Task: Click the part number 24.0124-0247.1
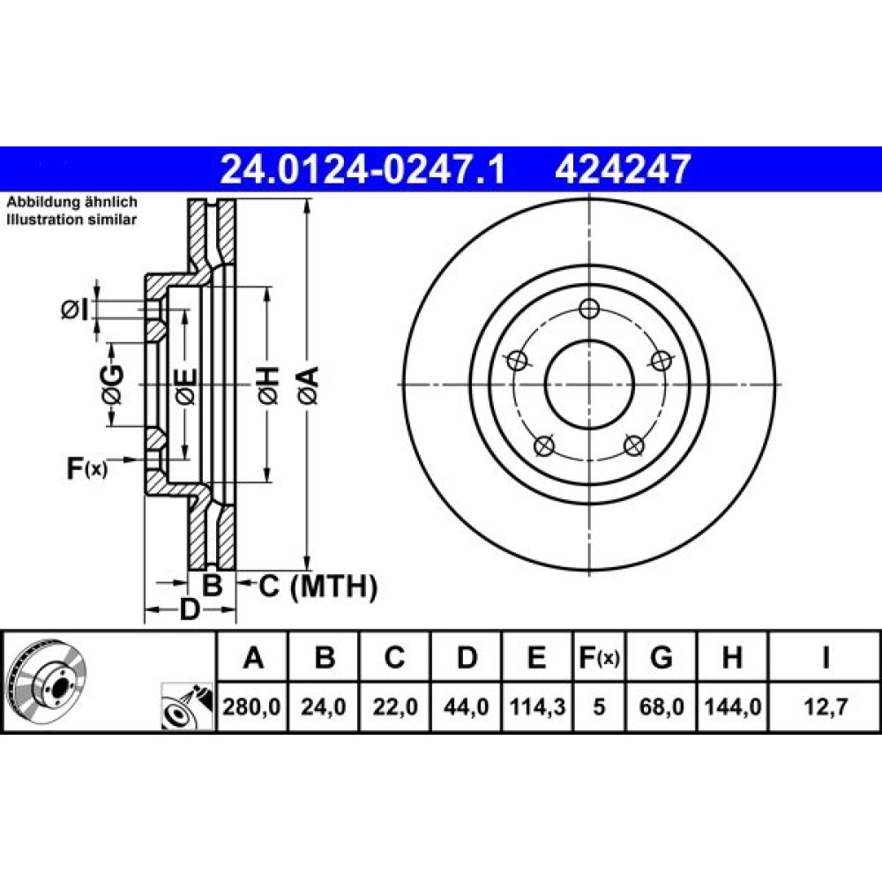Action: coord(363,169)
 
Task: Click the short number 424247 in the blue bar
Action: coord(623,169)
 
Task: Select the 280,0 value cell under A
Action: coord(251,706)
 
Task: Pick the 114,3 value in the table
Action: coord(537,706)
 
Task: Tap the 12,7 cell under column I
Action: coord(826,706)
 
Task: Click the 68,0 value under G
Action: coord(661,706)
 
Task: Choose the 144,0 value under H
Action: coord(733,706)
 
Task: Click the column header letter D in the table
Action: coord(467,657)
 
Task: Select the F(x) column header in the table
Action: coord(599,657)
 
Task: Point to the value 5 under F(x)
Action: coord(599,706)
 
